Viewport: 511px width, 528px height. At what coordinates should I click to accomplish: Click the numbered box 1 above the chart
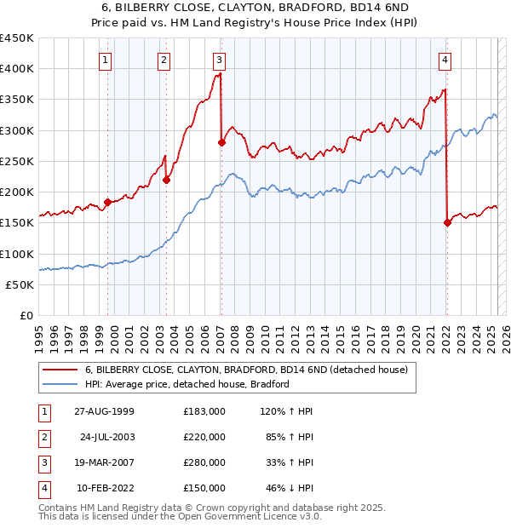click(x=104, y=60)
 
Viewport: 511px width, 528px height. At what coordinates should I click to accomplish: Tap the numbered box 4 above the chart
click(x=445, y=60)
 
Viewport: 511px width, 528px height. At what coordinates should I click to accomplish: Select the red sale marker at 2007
click(x=221, y=142)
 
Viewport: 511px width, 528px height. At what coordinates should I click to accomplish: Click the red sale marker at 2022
click(x=447, y=222)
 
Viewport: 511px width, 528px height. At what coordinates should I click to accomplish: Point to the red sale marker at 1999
click(x=108, y=202)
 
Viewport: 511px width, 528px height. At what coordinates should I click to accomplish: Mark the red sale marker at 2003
click(x=167, y=180)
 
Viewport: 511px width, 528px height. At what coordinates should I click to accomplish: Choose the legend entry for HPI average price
click(x=187, y=384)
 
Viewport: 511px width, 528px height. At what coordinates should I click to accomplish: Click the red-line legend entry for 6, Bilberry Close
click(x=247, y=370)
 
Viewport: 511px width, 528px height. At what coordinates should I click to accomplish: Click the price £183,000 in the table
click(x=204, y=410)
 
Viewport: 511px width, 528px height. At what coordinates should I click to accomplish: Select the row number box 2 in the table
click(x=43, y=436)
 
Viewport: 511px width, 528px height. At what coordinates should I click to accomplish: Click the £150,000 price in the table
click(x=204, y=488)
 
